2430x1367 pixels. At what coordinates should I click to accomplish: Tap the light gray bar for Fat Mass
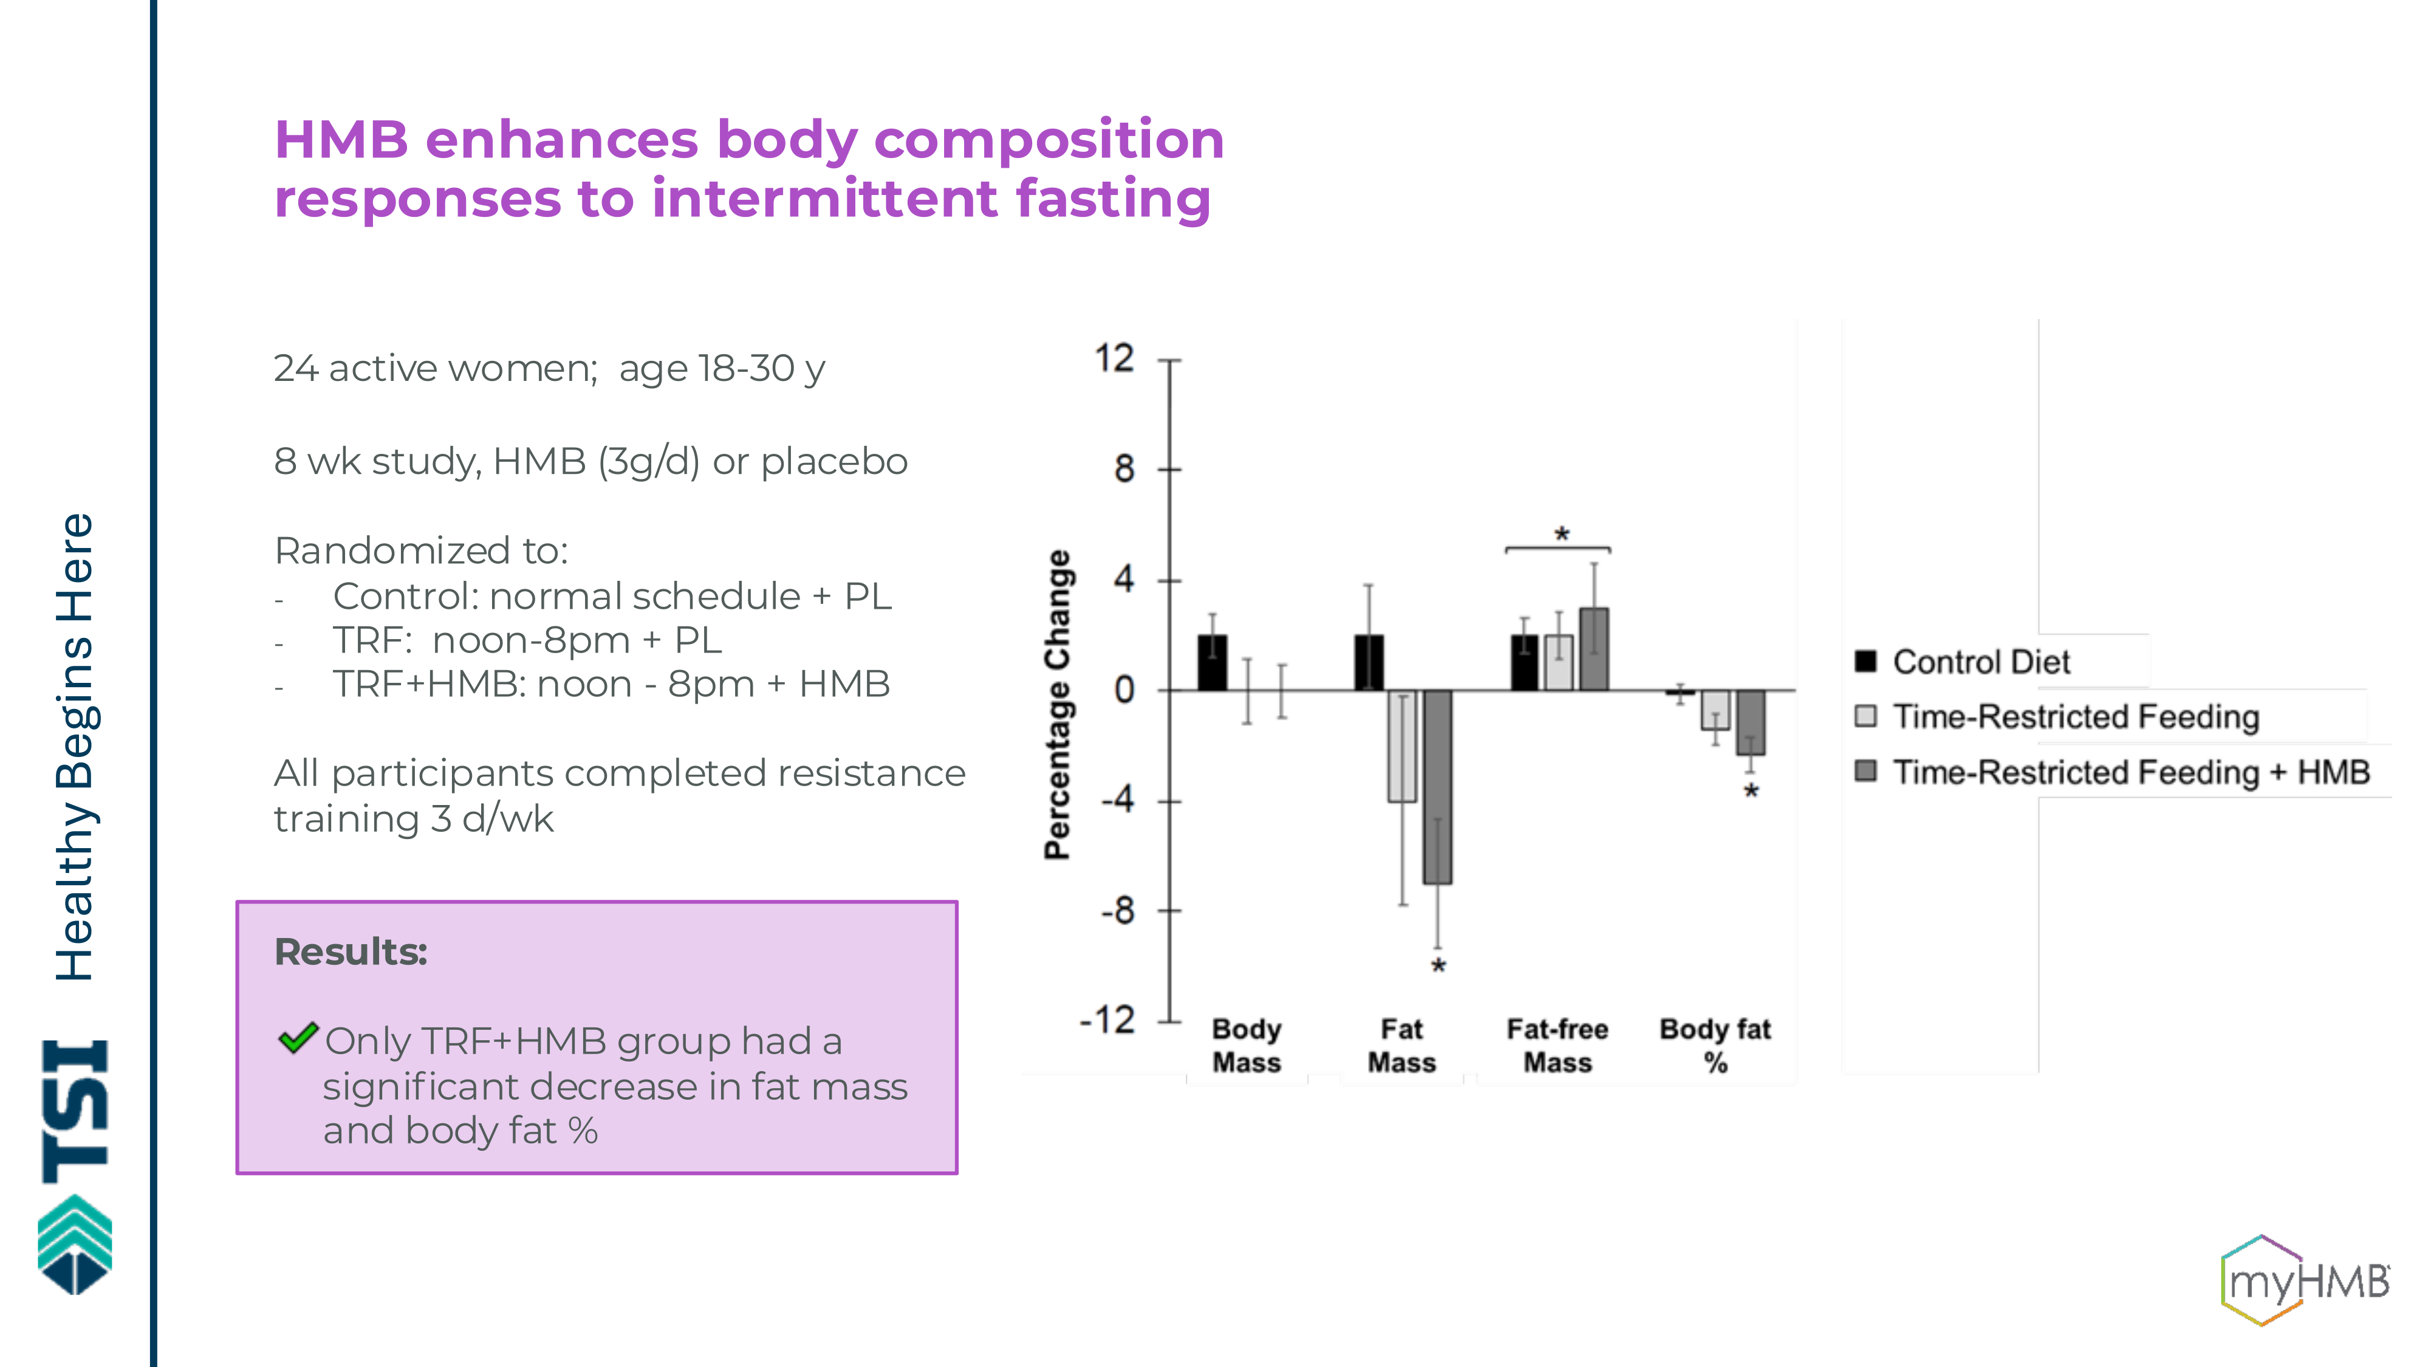point(1402,746)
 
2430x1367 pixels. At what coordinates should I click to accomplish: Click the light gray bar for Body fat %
point(1715,710)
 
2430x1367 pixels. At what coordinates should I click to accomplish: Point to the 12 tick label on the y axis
point(1114,360)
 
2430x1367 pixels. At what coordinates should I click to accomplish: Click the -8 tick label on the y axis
point(1117,911)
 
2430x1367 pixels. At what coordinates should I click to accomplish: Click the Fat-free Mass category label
point(1558,1045)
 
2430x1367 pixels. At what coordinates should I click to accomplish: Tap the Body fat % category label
point(1715,1045)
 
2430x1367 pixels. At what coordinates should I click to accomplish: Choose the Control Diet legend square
point(1865,660)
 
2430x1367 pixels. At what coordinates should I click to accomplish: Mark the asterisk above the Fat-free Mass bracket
point(1562,535)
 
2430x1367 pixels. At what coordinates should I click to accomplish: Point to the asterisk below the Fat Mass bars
point(1437,966)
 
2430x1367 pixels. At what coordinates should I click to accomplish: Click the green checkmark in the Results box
point(298,1039)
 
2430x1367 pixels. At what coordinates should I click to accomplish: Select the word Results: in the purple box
point(350,952)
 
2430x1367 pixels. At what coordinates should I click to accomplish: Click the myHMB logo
point(2304,1280)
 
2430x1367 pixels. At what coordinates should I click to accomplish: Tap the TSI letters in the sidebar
point(75,1111)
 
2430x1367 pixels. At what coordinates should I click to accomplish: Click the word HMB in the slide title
point(341,140)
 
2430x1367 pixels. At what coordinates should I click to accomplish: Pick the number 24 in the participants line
point(295,369)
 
